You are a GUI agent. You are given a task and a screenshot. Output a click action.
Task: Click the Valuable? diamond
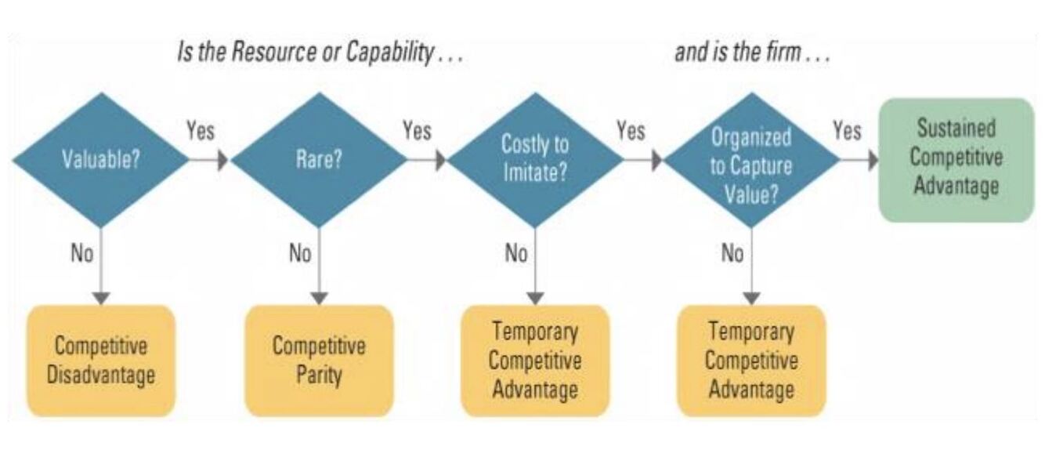(x=100, y=160)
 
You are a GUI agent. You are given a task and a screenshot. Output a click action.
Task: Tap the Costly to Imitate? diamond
(x=534, y=160)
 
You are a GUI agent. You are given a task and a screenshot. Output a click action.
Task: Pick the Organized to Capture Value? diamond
(x=751, y=161)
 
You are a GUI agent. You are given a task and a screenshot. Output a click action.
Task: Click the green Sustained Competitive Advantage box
(x=956, y=160)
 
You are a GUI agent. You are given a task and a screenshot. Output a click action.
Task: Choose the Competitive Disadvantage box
(x=101, y=361)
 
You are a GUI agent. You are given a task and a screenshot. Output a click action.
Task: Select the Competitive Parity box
(x=319, y=361)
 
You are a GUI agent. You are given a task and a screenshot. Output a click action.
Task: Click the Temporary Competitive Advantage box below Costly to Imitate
(x=535, y=361)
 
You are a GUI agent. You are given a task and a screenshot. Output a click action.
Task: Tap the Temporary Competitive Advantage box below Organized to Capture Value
(x=751, y=361)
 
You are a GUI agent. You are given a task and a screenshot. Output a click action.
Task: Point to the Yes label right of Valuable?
(x=201, y=131)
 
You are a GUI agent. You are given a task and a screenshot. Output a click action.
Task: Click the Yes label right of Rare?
(x=417, y=131)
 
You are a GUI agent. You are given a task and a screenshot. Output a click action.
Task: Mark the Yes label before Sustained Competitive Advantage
(x=847, y=131)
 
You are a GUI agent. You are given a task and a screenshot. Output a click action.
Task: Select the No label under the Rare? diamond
(x=300, y=255)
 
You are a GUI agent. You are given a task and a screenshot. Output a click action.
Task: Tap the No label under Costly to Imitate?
(x=515, y=255)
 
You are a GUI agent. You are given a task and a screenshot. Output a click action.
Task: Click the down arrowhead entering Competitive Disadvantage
(x=101, y=298)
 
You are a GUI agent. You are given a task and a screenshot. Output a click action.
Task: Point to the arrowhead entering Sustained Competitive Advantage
(x=872, y=160)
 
